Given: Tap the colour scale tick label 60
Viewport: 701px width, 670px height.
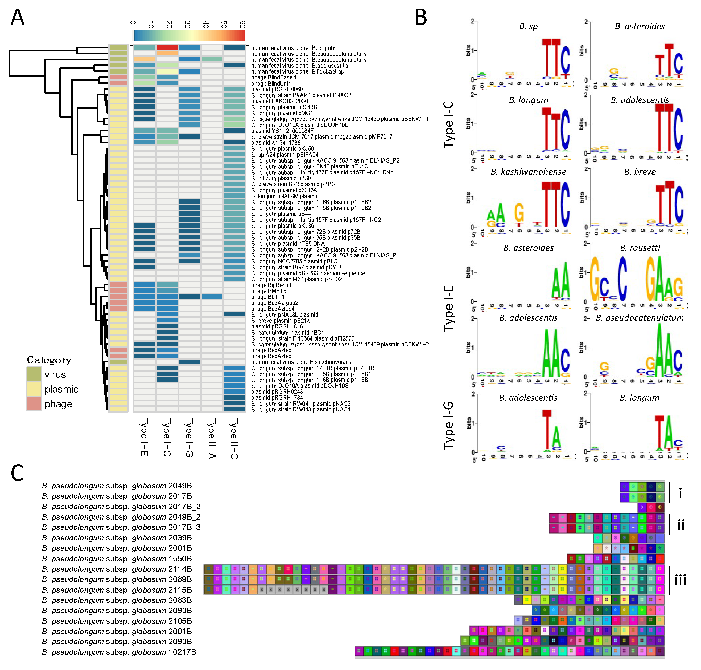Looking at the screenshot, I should [x=242, y=24].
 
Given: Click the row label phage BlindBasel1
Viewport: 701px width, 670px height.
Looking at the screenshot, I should [x=274, y=77].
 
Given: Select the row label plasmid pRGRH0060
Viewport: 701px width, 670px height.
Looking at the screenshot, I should [x=277, y=89].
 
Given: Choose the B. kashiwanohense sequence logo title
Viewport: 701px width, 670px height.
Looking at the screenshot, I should [x=528, y=172].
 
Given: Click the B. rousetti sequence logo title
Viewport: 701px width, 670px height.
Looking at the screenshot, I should [x=640, y=248].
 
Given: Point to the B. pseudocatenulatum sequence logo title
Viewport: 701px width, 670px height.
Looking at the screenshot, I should [x=640, y=318].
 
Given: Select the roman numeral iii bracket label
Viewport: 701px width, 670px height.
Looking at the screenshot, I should [x=680, y=580].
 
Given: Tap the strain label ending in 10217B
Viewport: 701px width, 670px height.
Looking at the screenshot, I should [x=119, y=652].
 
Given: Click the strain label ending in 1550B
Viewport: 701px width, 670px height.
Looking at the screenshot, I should [x=117, y=559].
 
